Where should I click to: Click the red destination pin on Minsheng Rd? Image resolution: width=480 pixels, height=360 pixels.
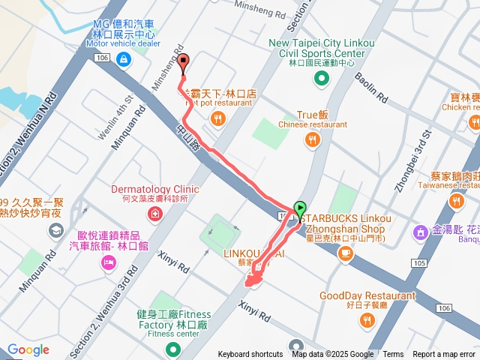coord(184,64)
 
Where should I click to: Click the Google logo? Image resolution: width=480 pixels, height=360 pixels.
coord(28,349)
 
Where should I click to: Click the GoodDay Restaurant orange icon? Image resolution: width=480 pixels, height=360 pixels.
coord(367,321)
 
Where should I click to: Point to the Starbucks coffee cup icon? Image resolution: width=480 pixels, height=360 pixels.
coord(345,253)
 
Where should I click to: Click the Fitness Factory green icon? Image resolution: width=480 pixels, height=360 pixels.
coord(172,349)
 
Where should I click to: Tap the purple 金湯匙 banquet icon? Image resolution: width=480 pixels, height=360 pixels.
coord(421,232)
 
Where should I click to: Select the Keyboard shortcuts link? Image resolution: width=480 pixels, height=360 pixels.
coord(250,355)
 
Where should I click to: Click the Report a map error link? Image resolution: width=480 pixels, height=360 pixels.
coord(444,355)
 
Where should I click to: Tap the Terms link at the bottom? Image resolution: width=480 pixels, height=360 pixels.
coord(393,355)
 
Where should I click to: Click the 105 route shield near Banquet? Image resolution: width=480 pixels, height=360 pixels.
coord(418,263)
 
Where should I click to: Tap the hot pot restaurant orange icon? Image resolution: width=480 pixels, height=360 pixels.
coord(217,118)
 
